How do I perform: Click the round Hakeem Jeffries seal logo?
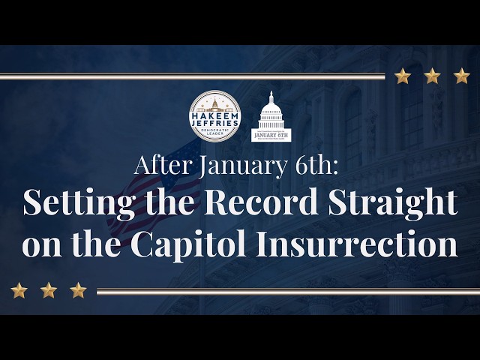click(x=215, y=115)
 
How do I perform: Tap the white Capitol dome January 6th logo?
click(x=271, y=117)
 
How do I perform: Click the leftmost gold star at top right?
click(x=403, y=76)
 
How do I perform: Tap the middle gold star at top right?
click(x=432, y=76)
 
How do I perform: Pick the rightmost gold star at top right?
click(x=461, y=76)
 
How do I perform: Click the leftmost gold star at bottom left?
click(x=19, y=290)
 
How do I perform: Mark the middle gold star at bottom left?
click(x=49, y=290)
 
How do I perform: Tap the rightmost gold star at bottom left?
click(x=78, y=290)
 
